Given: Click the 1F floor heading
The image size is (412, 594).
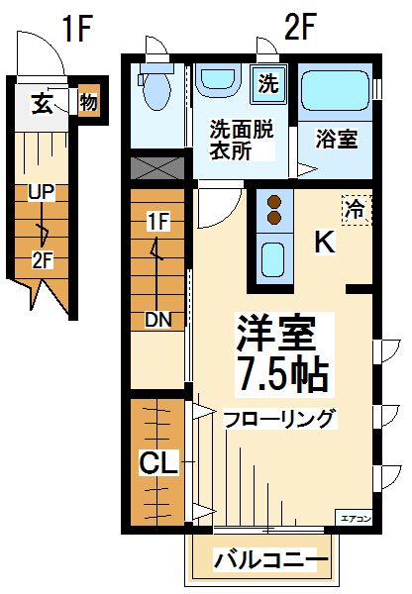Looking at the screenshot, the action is pos(77,28).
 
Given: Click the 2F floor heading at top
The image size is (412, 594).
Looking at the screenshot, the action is pos(300,26).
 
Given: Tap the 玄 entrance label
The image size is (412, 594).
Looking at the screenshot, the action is pos(42,103).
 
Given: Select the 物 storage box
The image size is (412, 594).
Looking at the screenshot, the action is pos(89,101).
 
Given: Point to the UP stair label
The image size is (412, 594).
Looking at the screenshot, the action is pos(42,192).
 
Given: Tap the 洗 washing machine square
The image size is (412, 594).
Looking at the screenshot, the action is pos(268,83).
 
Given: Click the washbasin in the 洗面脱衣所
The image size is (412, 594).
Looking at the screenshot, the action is pos(221,78).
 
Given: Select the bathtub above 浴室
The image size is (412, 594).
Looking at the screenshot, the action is pos(335,90).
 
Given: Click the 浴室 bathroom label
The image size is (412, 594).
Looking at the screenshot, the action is pos(338,139).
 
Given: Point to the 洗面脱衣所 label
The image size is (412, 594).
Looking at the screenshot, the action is pos(242,141).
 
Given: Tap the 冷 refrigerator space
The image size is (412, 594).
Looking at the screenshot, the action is pos(357,210).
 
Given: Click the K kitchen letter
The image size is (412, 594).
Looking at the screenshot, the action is pos(325,243).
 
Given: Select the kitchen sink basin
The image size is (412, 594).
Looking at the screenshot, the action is pos(273,259).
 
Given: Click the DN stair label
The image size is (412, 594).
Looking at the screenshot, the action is pos(158,320).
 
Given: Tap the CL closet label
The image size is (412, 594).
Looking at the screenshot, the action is pos(158,462).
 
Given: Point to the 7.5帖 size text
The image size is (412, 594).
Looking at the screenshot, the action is pos(282,374).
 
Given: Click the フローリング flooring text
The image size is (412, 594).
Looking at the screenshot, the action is pos(280,419).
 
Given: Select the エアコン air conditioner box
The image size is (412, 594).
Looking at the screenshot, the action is pos(355,518).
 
